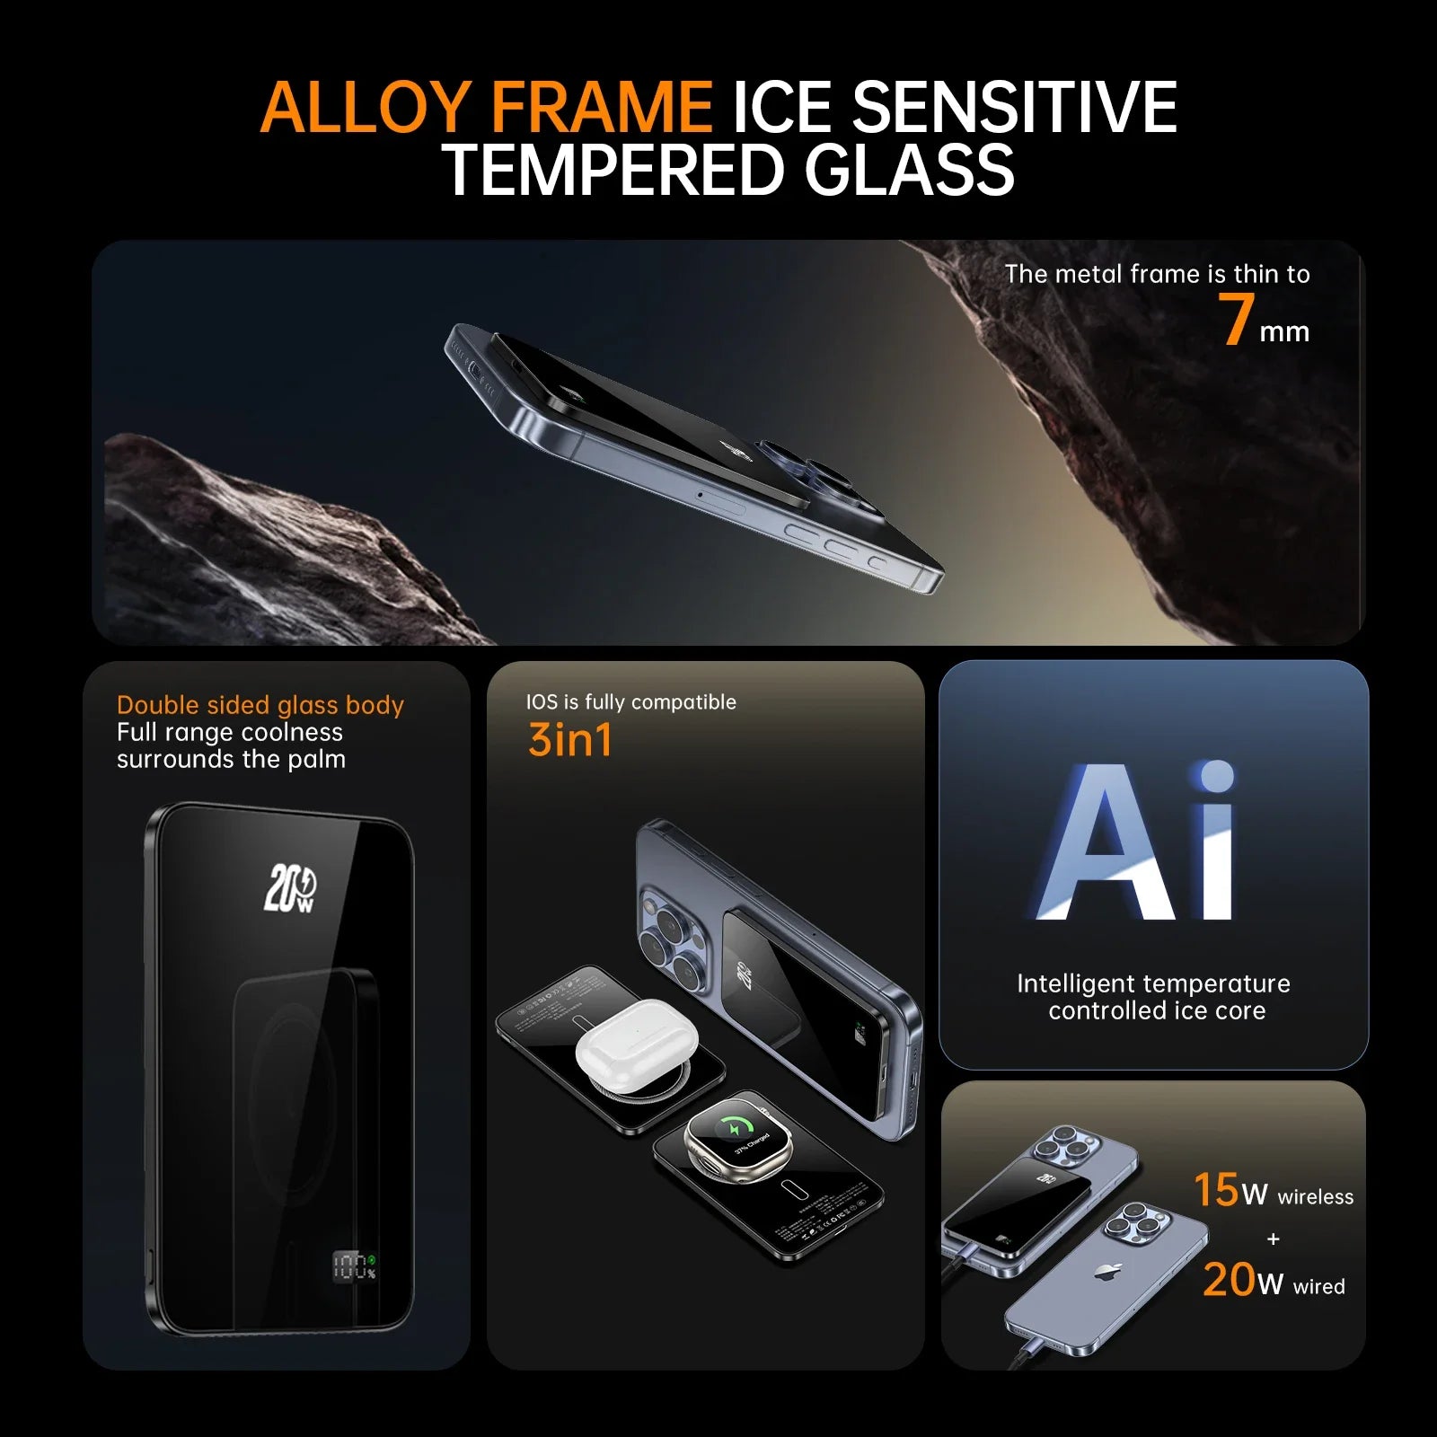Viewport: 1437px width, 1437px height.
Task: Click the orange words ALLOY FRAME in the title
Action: [486, 108]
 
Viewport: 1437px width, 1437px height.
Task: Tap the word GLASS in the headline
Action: [909, 171]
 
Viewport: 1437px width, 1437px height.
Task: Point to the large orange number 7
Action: [1237, 320]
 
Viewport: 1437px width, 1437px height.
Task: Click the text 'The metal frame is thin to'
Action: [1157, 274]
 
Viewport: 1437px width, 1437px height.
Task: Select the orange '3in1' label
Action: [570, 740]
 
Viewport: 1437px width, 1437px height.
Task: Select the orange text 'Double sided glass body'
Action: [260, 705]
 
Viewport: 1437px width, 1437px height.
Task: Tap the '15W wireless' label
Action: [1273, 1191]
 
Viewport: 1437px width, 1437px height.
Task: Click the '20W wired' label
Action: [1273, 1281]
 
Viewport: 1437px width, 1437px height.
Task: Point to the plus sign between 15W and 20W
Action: [1273, 1239]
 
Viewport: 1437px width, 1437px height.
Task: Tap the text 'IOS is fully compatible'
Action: [630, 702]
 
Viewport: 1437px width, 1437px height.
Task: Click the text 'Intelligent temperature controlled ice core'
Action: [1155, 997]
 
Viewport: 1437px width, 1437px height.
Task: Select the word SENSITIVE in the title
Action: [1014, 108]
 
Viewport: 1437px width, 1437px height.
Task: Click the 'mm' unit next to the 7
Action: [1284, 331]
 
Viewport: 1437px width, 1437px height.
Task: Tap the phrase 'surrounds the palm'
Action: [231, 760]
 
